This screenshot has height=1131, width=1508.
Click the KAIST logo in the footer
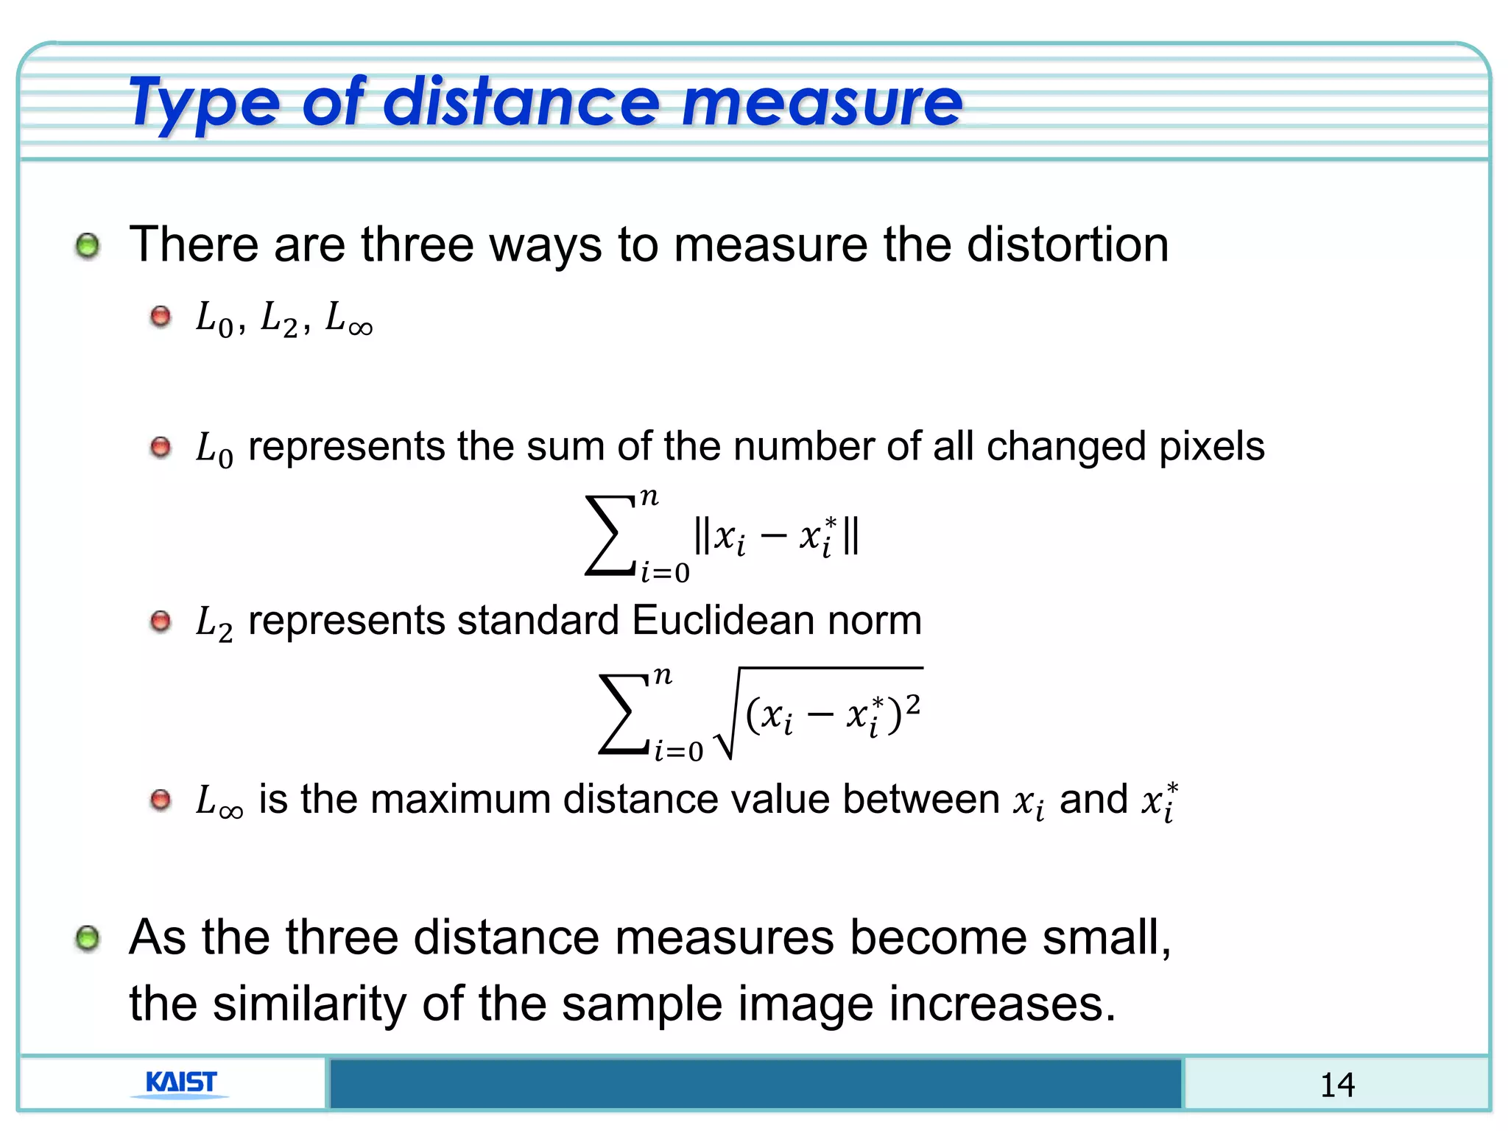pyautogui.click(x=181, y=1083)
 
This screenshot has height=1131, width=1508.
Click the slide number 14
pyautogui.click(x=1336, y=1085)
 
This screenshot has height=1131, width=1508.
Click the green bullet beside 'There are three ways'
pyautogui.click(x=88, y=245)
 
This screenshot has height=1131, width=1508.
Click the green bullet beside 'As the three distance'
pyautogui.click(x=88, y=938)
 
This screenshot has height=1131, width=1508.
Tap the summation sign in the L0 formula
pyautogui.click(x=609, y=535)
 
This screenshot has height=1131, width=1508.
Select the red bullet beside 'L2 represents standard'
pyautogui.click(x=161, y=621)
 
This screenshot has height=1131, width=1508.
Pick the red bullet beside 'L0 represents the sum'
pyautogui.click(x=161, y=447)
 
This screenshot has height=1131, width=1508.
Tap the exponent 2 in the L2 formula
pyautogui.click(x=912, y=704)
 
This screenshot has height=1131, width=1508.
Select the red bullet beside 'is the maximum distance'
pyautogui.click(x=161, y=800)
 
